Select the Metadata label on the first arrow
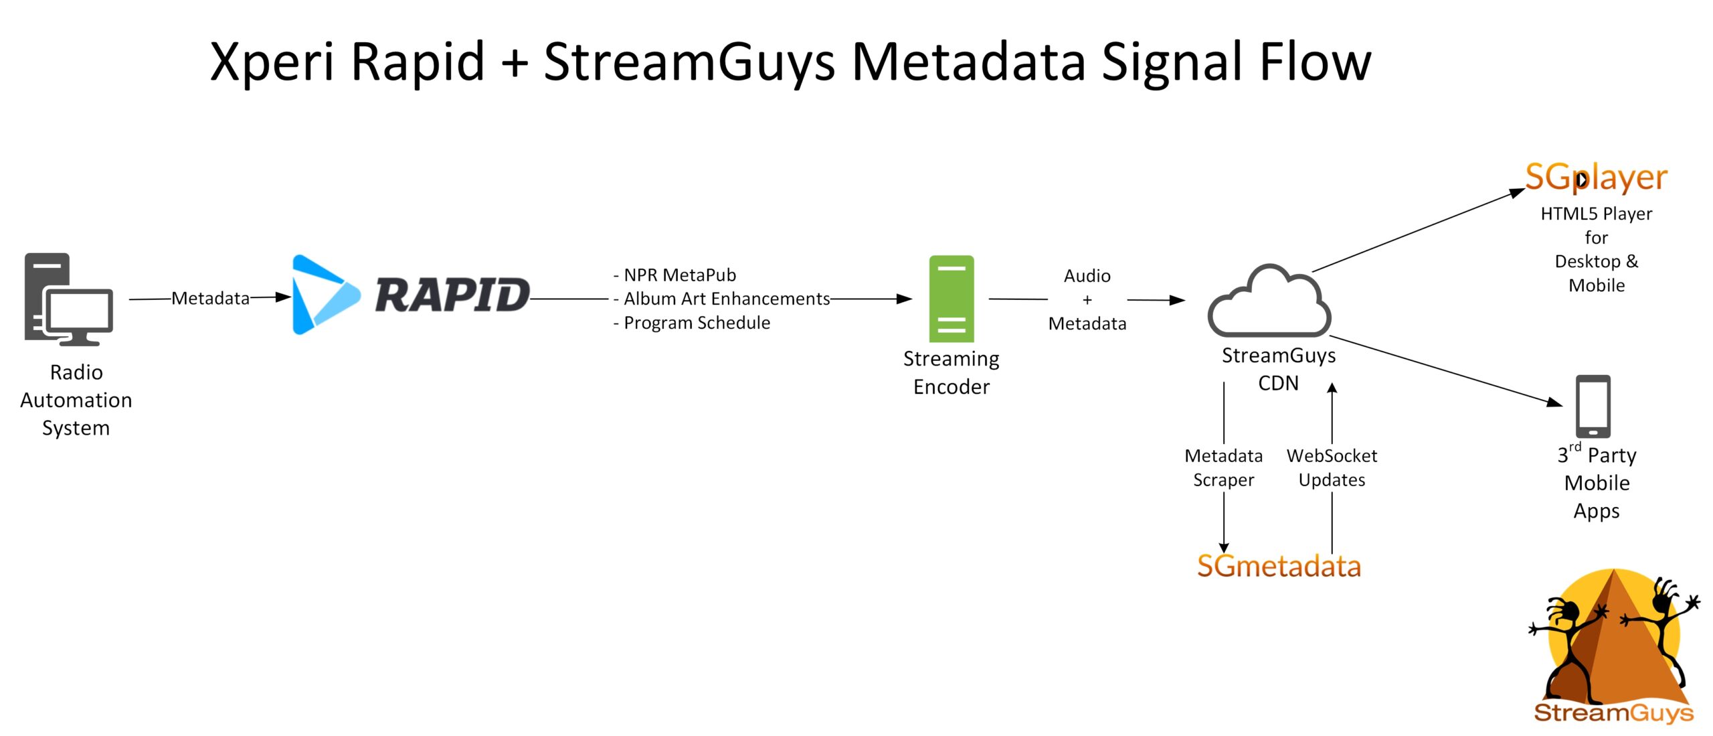pos(210,298)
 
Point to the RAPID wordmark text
pos(452,295)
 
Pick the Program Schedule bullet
pos(692,323)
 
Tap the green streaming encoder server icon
pos(951,299)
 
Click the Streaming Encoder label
pos(951,372)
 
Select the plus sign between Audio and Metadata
pos(1087,300)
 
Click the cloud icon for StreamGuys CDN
pos(1269,303)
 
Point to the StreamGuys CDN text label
pos(1278,368)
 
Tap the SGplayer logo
pos(1596,177)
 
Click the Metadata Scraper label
pos(1223,467)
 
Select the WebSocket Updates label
pos(1332,467)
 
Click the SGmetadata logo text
pos(1279,567)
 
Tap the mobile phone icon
pos(1593,406)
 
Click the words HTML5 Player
pos(1596,214)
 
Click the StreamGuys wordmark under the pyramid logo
pos(1613,712)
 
